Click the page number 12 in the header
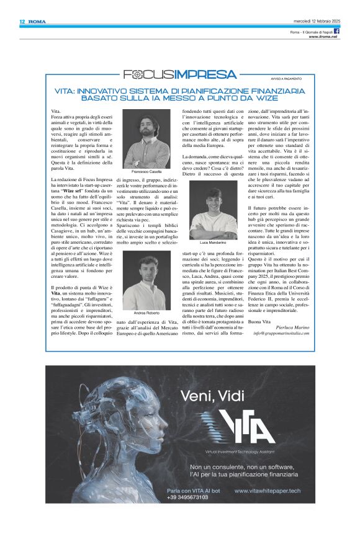tap(22, 21)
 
